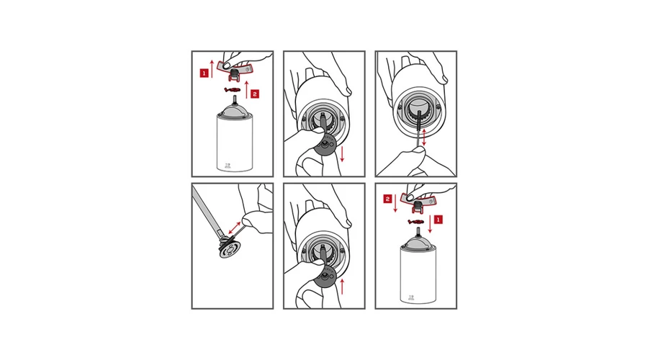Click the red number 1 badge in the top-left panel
coord(204,73)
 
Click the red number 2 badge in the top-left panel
coord(255,94)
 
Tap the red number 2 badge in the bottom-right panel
coord(387,199)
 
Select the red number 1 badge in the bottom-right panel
coord(438,220)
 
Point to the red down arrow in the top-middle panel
coord(342,154)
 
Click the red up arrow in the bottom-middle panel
coord(342,286)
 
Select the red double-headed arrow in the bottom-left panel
coord(235,228)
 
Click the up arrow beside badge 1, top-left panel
coord(212,68)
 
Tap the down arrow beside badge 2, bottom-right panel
coord(395,203)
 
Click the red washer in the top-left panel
coord(233,90)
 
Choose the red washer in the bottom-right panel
coord(415,222)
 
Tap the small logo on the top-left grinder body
coord(228,166)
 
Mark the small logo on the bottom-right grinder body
coord(411,297)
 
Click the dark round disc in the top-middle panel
coord(325,144)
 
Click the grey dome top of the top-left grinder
coord(235,111)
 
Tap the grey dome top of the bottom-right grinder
coord(418,243)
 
